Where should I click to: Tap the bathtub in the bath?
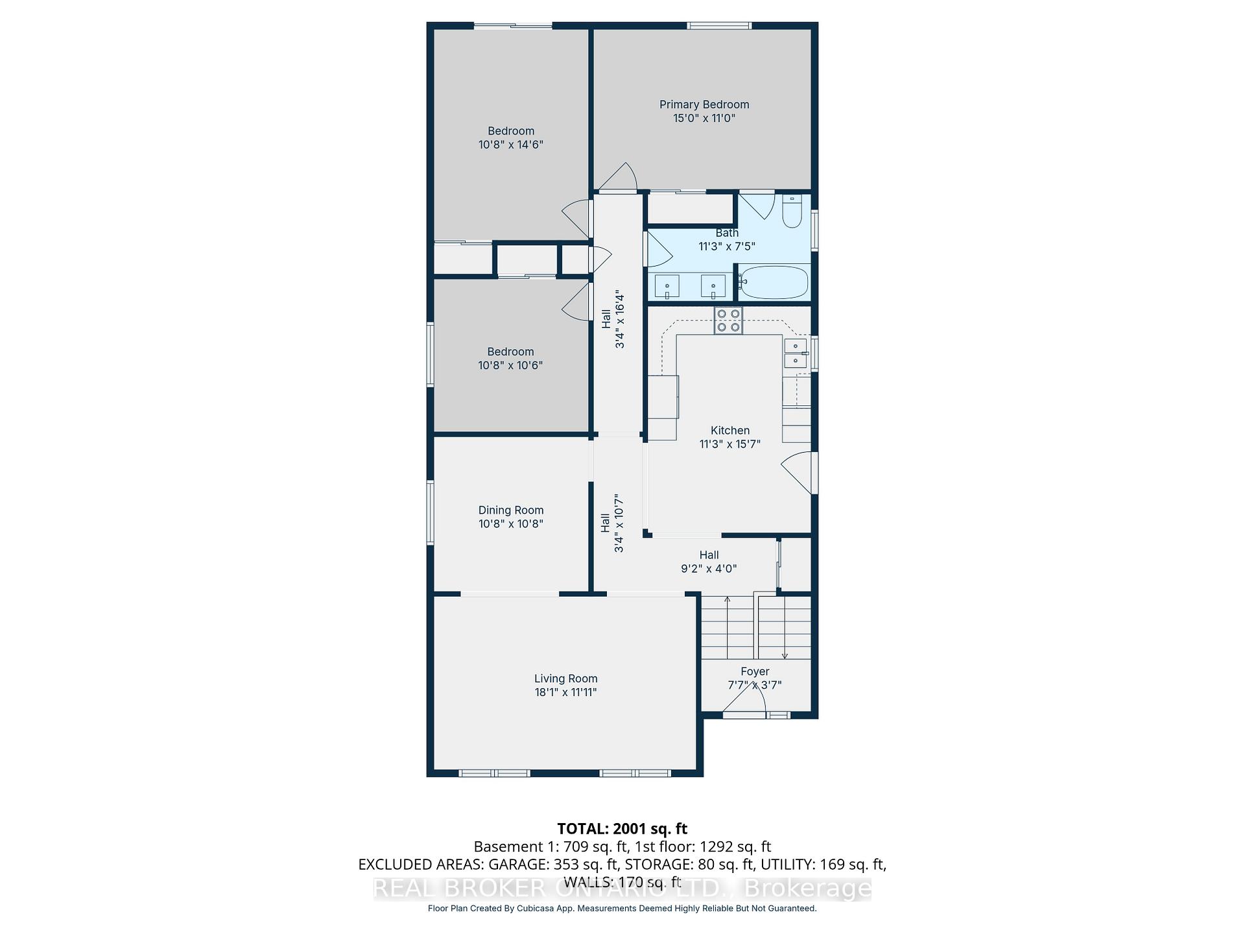point(774,282)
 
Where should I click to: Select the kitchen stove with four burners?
point(728,320)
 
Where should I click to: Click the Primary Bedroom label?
point(704,104)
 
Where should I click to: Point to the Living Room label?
point(566,678)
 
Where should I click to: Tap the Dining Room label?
point(511,510)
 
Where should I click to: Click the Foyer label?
point(755,672)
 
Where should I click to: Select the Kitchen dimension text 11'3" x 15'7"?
point(730,444)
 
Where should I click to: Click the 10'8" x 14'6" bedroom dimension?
point(511,145)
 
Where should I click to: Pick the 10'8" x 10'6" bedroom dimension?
point(511,365)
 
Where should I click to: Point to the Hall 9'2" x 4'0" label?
point(709,562)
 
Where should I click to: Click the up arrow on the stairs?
point(728,627)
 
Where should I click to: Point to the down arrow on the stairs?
point(785,628)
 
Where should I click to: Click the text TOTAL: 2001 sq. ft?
point(622,829)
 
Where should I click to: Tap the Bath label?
point(727,233)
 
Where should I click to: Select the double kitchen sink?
point(796,353)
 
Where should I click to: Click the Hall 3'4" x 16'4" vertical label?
point(613,319)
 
